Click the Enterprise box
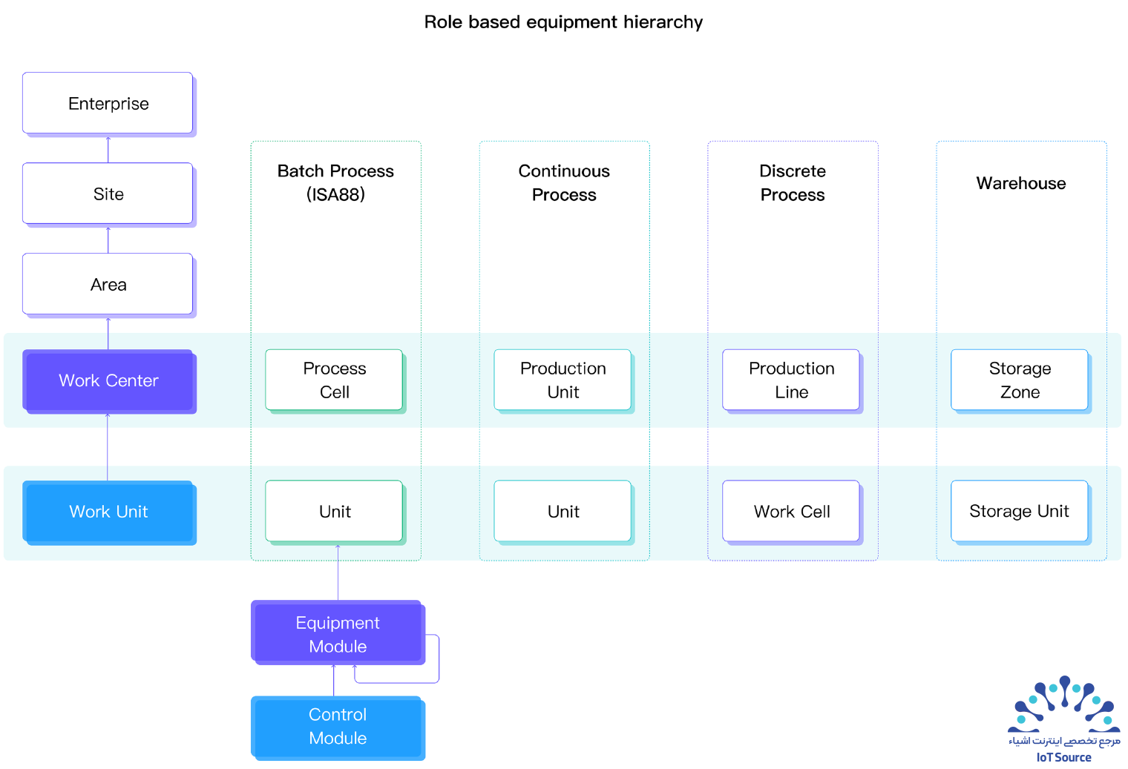point(109,104)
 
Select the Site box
point(109,194)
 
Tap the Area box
point(109,285)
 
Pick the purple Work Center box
point(109,381)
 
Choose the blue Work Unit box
point(109,512)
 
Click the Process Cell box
point(335,381)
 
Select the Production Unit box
point(564,381)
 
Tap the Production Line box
point(793,381)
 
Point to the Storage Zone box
point(1020,381)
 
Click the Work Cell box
point(793,512)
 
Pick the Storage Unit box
point(1020,512)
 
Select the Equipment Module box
point(338,633)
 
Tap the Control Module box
point(338,727)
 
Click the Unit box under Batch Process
point(335,512)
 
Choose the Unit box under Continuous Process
point(564,512)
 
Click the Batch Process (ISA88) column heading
point(336,182)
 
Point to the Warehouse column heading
point(1021,183)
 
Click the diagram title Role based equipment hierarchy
point(563,22)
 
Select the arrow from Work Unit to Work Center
point(108,447)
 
